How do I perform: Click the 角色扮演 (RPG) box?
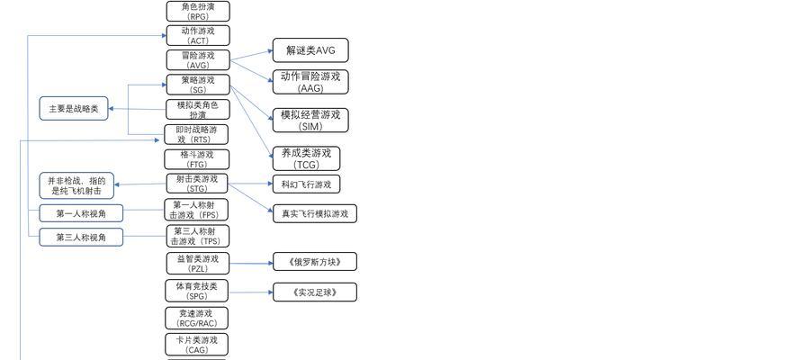[x=198, y=11]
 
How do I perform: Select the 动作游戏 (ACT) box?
[x=198, y=35]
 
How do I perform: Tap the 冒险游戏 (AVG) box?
[x=198, y=60]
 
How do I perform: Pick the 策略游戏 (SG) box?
[x=198, y=85]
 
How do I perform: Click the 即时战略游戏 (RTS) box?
[x=196, y=134]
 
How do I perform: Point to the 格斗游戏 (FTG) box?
[x=197, y=159]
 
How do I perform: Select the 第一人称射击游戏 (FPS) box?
[x=196, y=210]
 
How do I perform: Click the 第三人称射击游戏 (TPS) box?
[x=197, y=236]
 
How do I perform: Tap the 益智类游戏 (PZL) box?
[x=197, y=264]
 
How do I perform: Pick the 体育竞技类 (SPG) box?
[x=197, y=291]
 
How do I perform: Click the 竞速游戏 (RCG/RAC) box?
[x=197, y=318]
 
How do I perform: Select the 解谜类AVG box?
[x=310, y=50]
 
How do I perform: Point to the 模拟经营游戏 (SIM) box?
[x=310, y=120]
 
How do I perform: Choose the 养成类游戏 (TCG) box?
[x=306, y=158]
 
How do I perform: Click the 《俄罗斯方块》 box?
[x=315, y=262]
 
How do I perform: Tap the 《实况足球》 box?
[x=315, y=292]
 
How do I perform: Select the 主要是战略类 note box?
[x=74, y=109]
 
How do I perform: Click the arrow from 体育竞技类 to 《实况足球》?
[x=251, y=292]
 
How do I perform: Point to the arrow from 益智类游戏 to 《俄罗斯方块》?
[x=251, y=263]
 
